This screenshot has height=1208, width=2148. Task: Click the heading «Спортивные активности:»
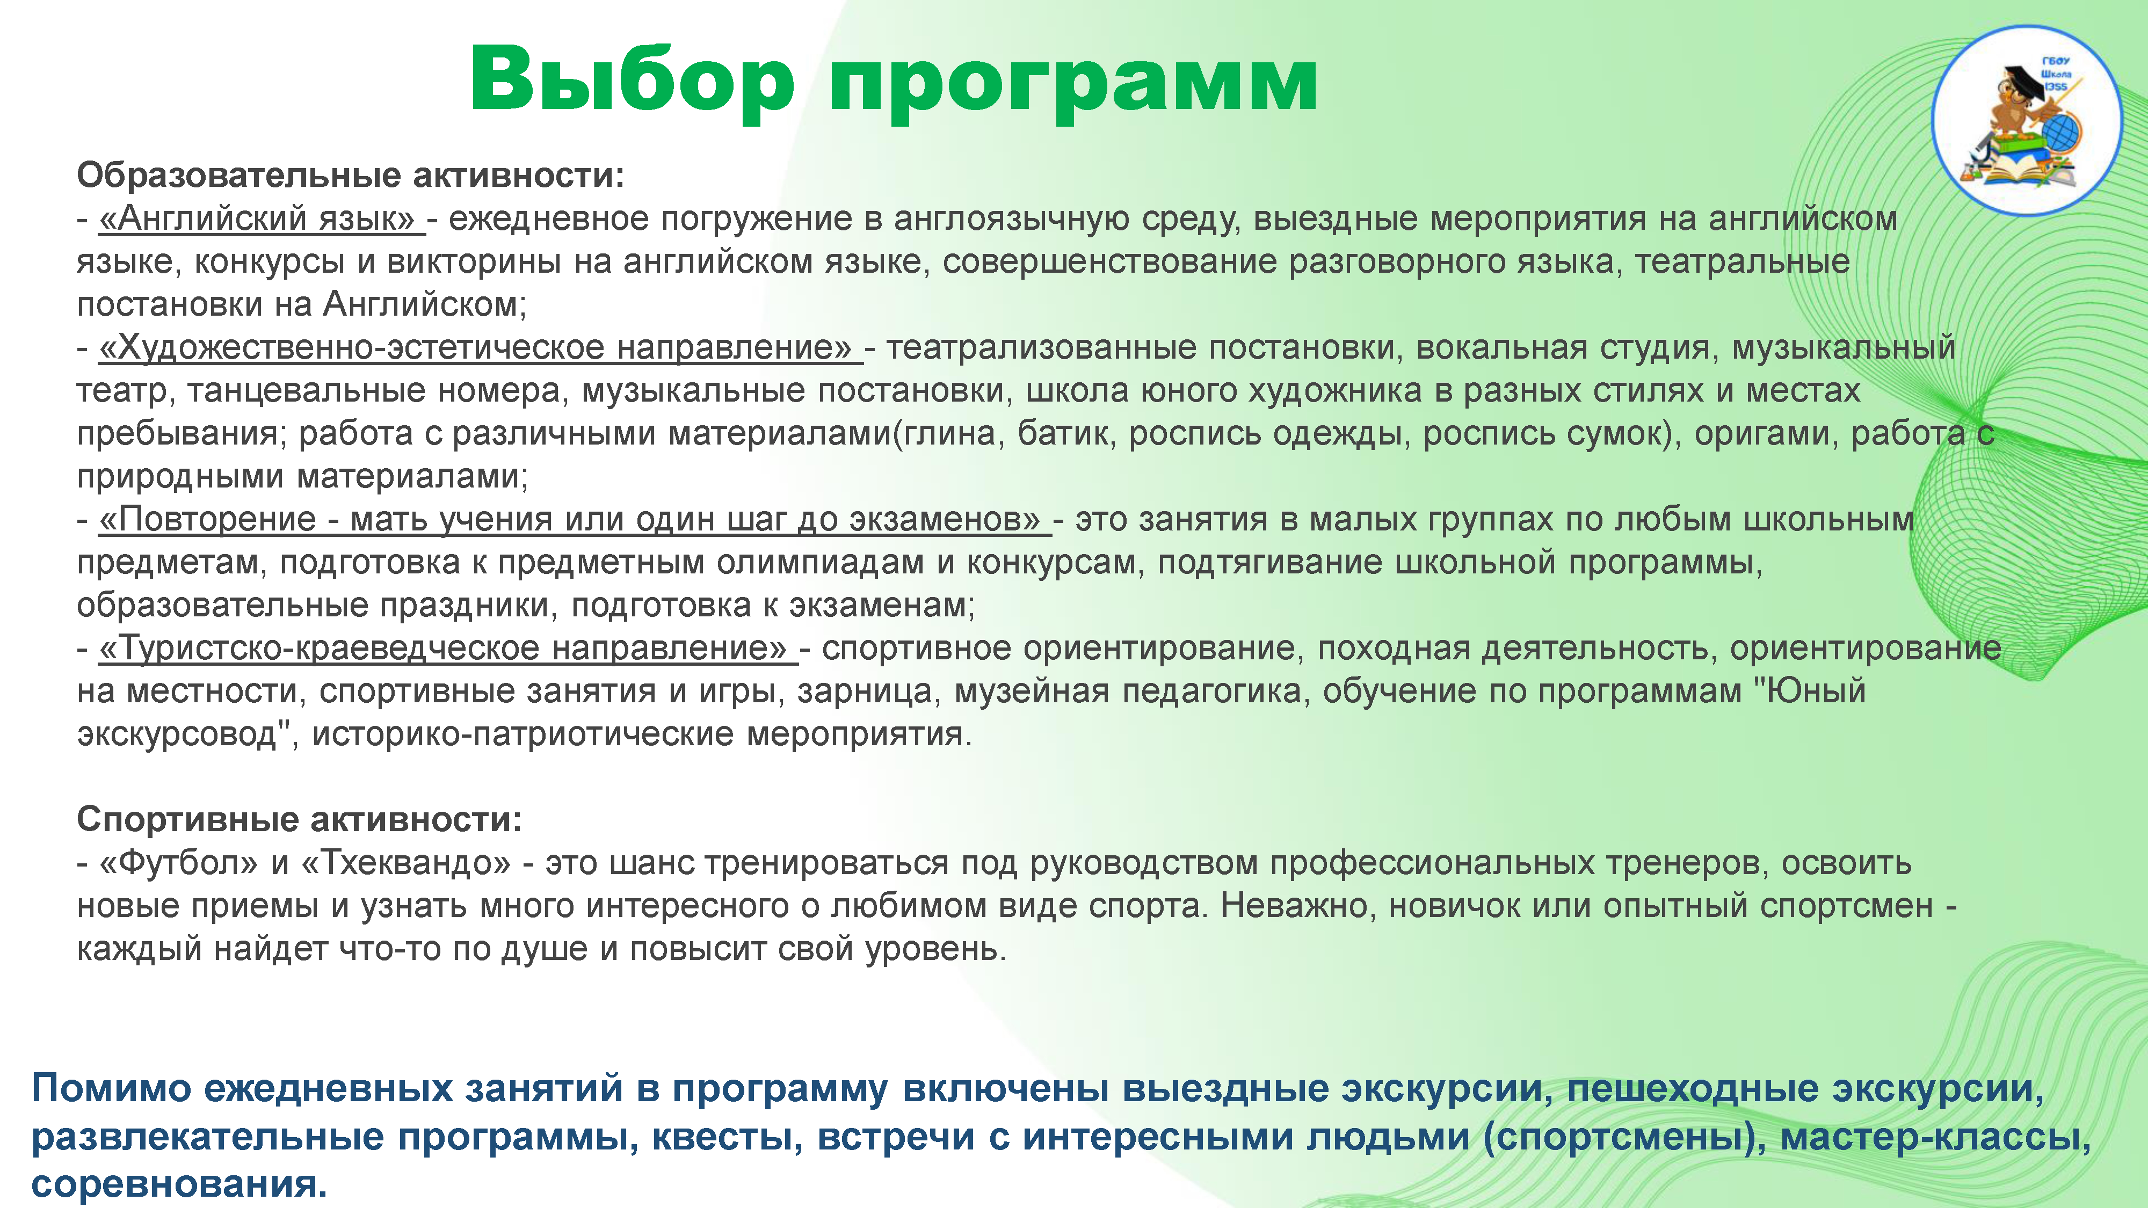coord(299,819)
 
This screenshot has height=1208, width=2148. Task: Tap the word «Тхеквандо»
coord(404,862)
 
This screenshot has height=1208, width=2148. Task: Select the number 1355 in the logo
coord(2056,86)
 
